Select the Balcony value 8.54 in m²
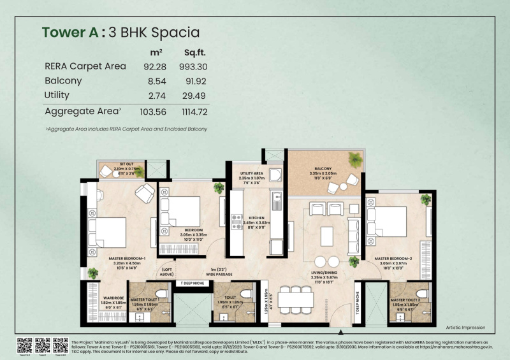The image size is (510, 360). point(156,81)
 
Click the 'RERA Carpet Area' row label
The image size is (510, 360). point(85,66)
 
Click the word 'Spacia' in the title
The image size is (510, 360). point(173,32)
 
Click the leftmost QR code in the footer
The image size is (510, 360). point(25,344)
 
